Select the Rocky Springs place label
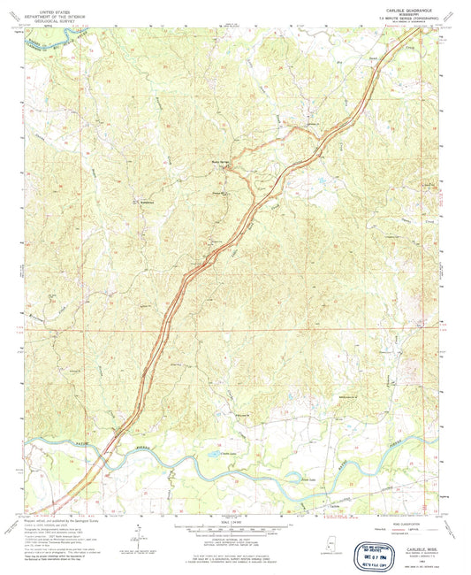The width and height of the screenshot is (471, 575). coord(224,162)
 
